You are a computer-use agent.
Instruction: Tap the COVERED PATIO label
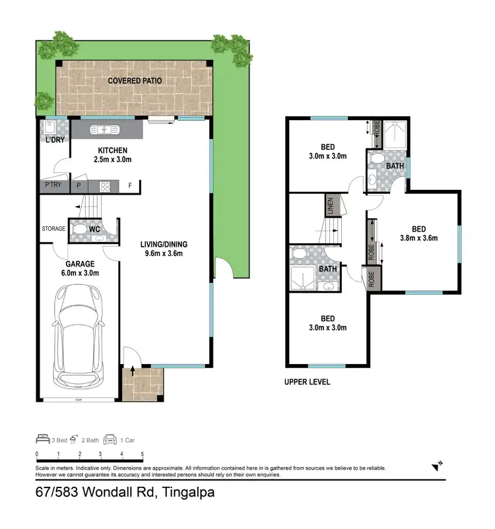click(x=135, y=80)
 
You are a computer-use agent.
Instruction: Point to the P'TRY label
click(x=53, y=185)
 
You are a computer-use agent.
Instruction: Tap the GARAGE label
click(x=79, y=264)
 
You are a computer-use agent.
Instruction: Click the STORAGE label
click(x=53, y=229)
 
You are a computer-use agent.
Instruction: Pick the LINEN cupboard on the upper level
click(x=330, y=205)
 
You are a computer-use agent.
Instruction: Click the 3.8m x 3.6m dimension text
click(x=418, y=239)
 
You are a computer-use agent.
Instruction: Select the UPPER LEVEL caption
click(x=307, y=382)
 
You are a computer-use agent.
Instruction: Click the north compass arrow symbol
click(x=437, y=466)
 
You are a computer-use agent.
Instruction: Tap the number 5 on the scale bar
click(x=143, y=454)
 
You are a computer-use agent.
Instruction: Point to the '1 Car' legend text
click(x=127, y=439)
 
